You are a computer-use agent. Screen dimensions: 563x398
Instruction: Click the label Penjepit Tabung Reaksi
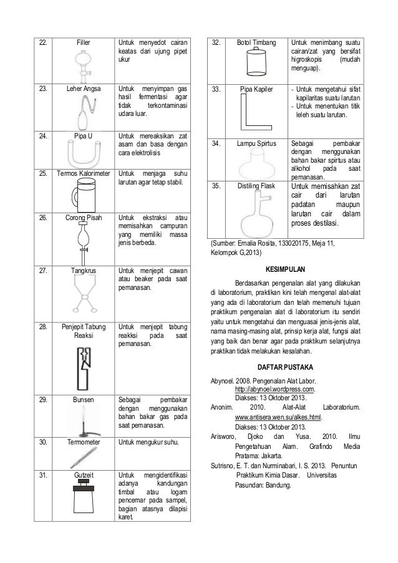click(x=84, y=330)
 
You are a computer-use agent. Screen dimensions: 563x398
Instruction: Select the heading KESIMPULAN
click(x=286, y=271)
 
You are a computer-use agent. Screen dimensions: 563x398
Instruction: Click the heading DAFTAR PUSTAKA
click(x=285, y=366)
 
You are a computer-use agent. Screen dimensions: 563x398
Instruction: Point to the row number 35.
click(x=216, y=186)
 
